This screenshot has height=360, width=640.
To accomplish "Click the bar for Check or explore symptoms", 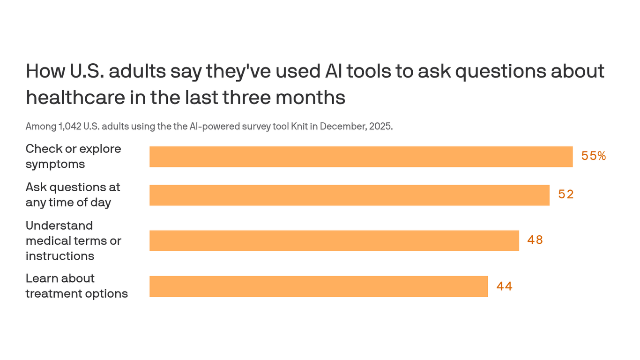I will (361, 157).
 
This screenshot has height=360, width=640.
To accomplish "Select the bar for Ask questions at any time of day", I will (349, 195).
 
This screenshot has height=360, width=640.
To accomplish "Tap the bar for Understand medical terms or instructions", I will (334, 240).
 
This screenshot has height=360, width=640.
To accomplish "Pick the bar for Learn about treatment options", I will (319, 286).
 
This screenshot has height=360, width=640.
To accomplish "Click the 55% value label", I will (594, 157).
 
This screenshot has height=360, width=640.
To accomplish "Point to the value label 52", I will (566, 195).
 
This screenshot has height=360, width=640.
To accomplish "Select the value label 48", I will (535, 240).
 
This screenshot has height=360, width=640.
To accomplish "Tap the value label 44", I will (504, 286).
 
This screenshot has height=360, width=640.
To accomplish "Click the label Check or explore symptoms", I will (73, 157).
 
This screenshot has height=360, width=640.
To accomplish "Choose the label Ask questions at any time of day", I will (73, 195).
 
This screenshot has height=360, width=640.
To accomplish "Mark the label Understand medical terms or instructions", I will (73, 240).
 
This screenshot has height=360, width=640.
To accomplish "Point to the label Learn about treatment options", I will (76, 286).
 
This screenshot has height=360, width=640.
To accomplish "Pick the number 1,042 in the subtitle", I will (69, 127).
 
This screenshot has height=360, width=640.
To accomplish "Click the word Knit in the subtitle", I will (298, 127).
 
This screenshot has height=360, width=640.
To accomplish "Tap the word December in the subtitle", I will (341, 127).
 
